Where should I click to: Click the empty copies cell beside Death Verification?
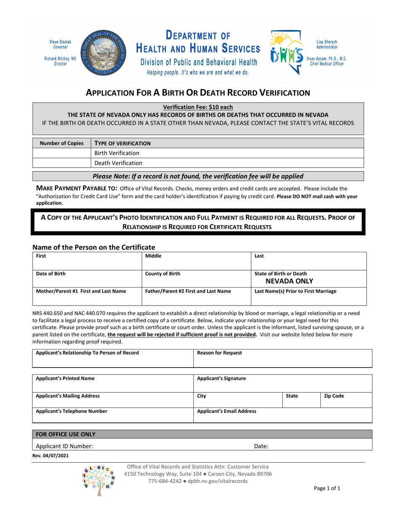(61, 163)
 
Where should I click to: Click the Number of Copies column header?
(61, 143)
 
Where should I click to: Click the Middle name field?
(196, 261)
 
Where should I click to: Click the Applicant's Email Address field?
(282, 416)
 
